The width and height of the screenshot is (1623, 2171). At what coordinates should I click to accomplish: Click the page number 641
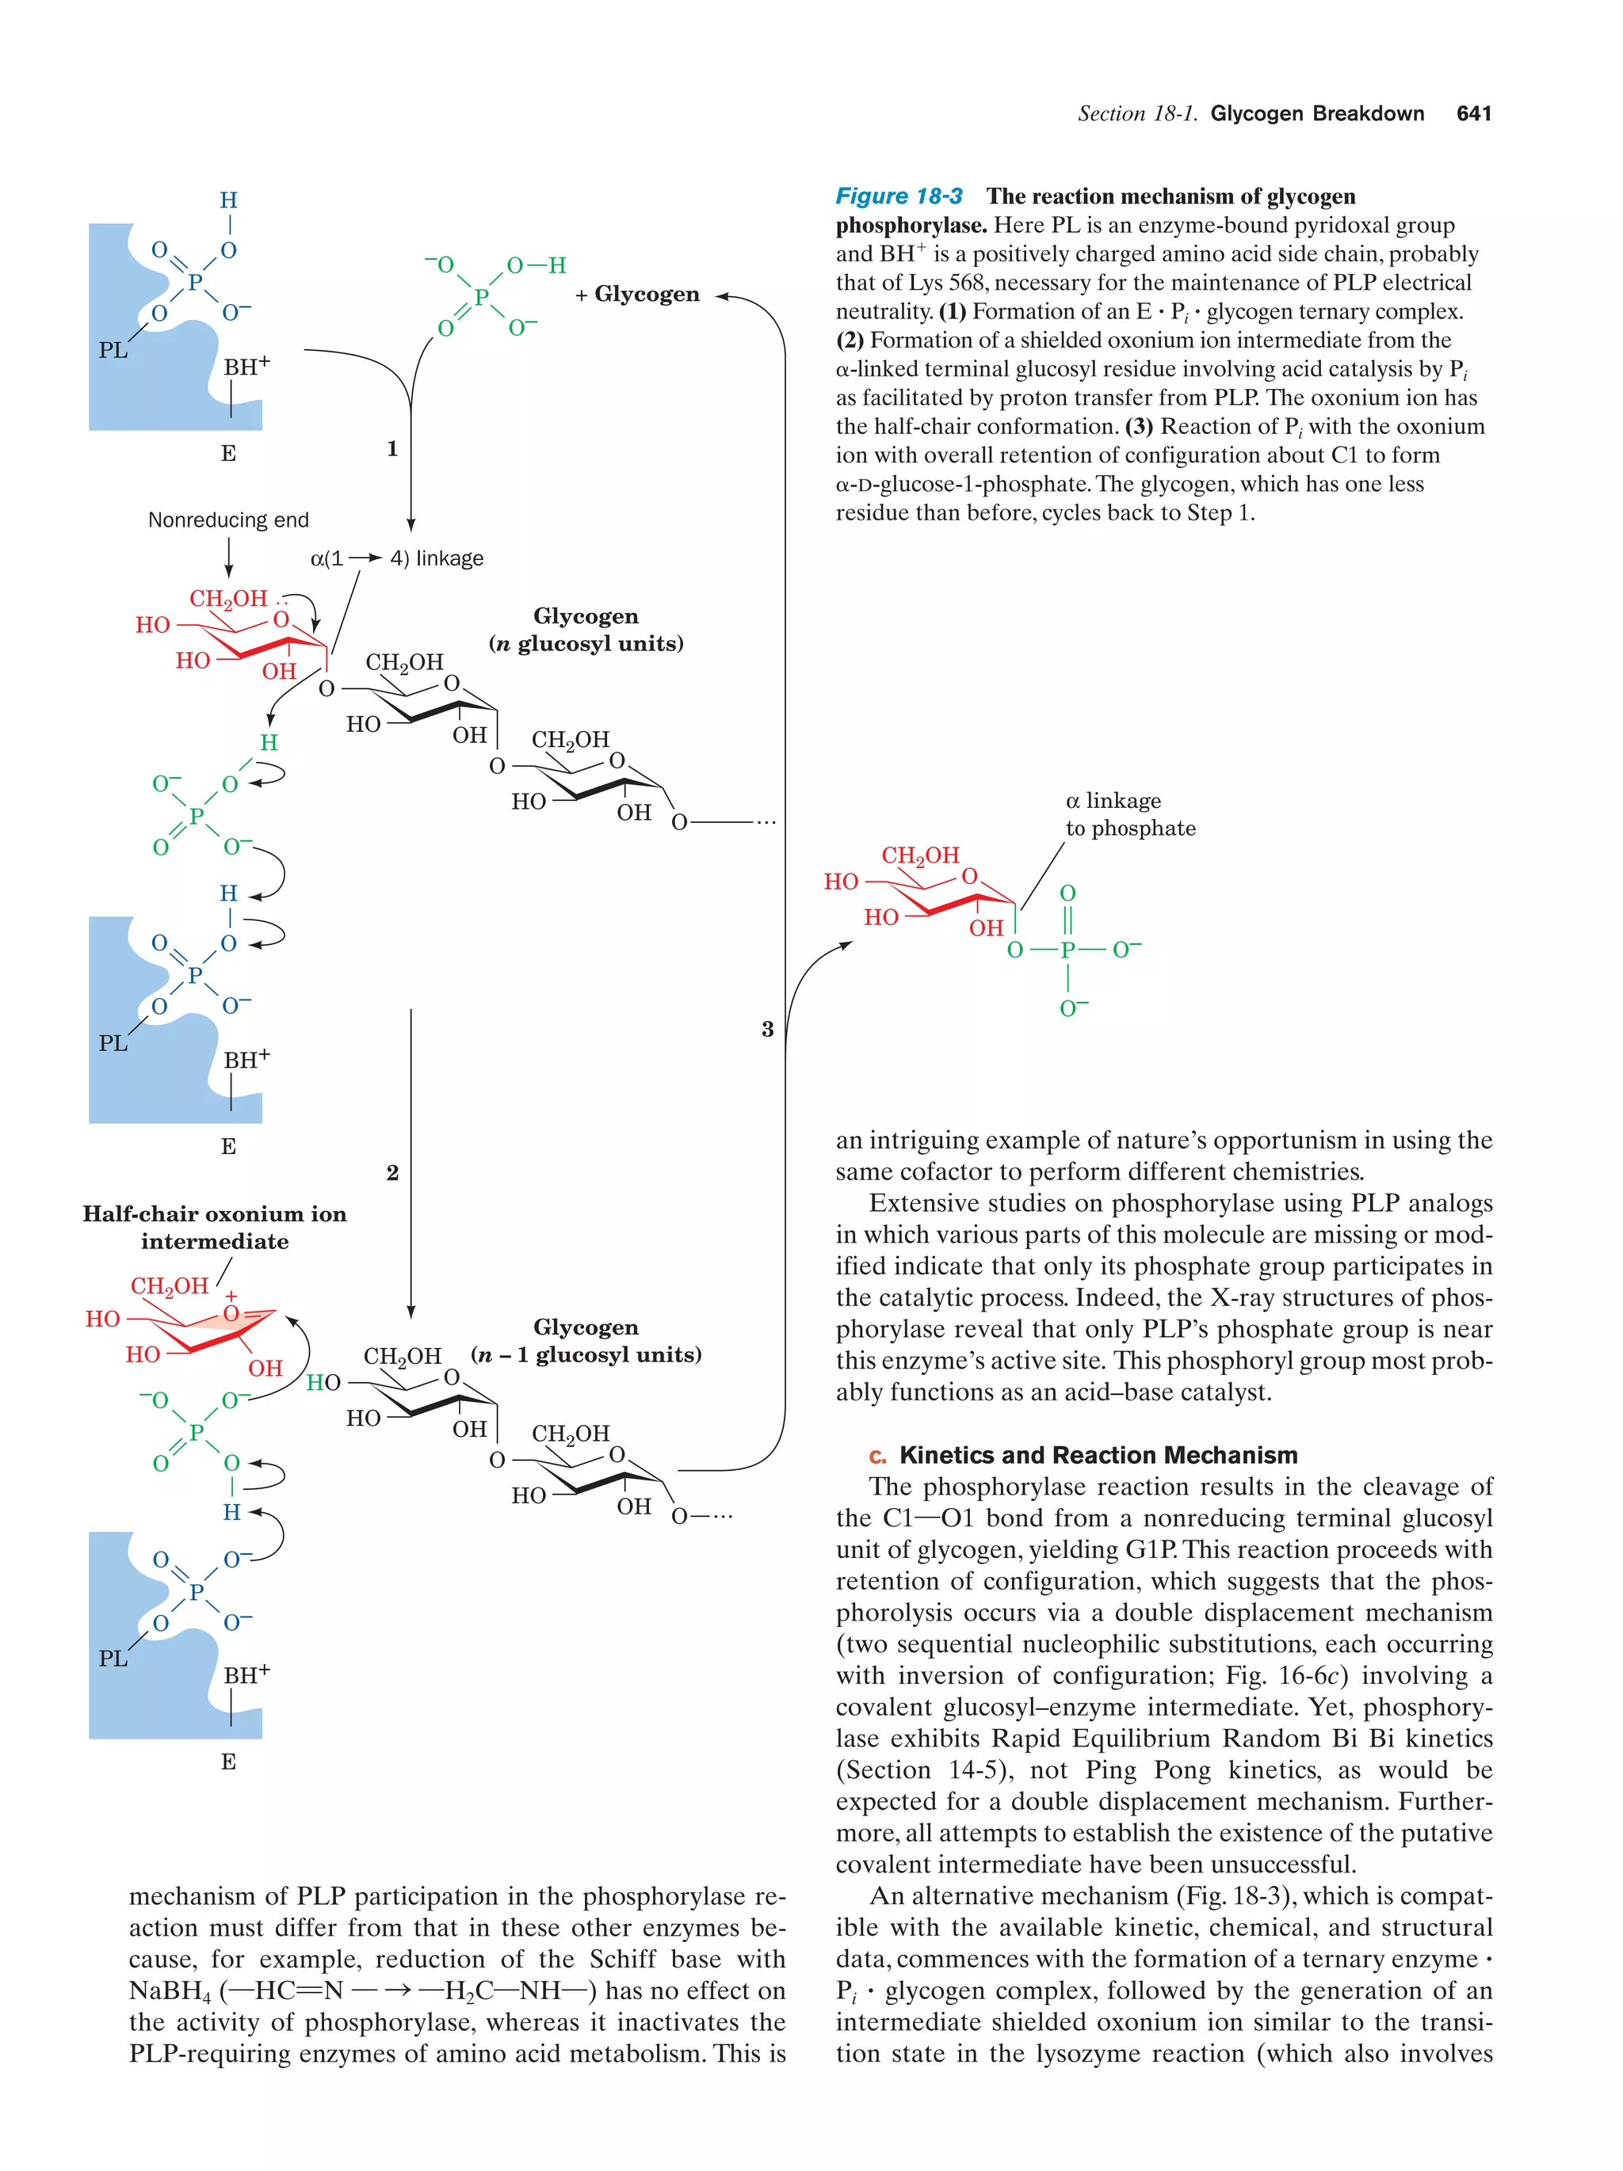tap(1472, 114)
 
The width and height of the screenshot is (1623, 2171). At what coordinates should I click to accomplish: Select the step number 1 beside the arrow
tap(391, 448)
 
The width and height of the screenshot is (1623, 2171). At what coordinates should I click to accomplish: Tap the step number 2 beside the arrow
tap(391, 1172)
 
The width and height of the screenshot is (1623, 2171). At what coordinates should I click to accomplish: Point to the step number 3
tap(767, 1029)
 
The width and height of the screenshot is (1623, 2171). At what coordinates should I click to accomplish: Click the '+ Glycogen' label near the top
tap(638, 295)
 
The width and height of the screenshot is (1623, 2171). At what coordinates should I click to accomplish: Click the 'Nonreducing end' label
tap(227, 520)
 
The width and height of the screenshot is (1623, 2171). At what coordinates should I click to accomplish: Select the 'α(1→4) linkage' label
tap(397, 558)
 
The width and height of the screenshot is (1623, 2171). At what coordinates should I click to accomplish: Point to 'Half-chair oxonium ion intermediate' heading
tap(214, 1227)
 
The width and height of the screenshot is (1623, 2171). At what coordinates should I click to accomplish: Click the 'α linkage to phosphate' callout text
tap(1129, 814)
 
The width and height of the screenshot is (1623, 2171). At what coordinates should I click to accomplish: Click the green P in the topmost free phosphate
tap(481, 296)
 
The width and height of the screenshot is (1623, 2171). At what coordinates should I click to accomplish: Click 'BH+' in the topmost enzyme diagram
tap(246, 367)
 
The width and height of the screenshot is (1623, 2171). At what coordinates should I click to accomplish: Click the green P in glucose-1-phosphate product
tap(1067, 950)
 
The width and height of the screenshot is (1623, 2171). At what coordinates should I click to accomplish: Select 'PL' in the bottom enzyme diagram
tap(113, 1658)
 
